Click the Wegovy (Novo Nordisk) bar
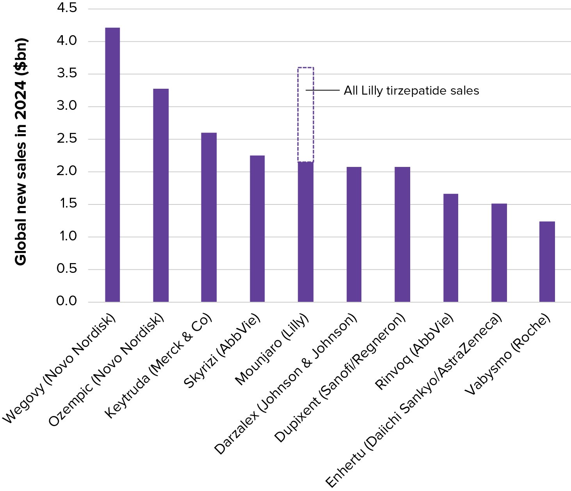click(112, 165)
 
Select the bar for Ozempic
click(161, 195)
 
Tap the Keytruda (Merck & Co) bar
click(209, 217)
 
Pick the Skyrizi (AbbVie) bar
click(257, 228)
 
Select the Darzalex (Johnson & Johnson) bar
click(354, 234)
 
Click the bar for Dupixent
click(402, 234)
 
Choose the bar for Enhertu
click(499, 253)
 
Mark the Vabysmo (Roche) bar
click(547, 262)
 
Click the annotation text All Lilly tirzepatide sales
click(411, 91)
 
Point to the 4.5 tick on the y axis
click(67, 8)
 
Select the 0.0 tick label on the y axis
click(67, 301)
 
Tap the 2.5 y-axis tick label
click(67, 139)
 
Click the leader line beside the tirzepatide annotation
click(322, 90)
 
